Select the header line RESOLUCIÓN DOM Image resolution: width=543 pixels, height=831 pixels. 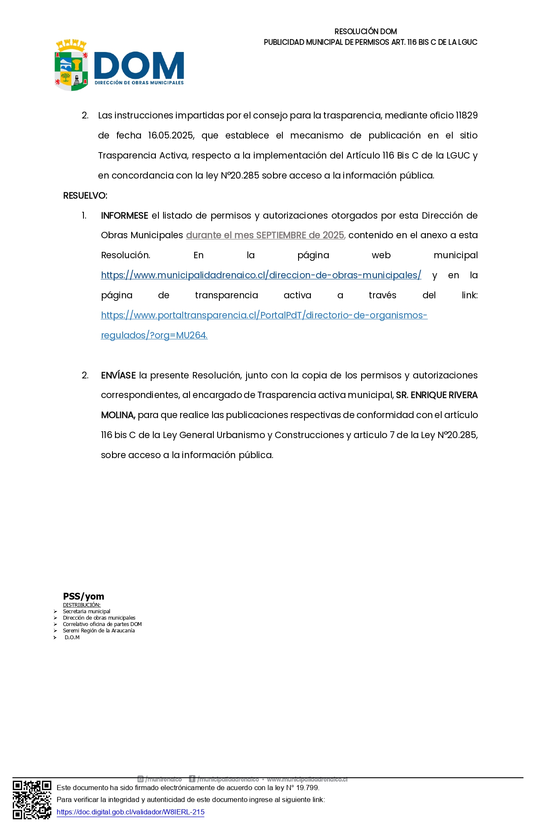point(365,32)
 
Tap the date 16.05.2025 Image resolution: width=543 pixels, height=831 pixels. point(171,136)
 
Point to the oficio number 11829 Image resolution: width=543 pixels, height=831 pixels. point(466,115)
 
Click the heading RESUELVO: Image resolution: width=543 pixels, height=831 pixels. point(85,196)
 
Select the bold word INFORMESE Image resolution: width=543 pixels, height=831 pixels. point(124,216)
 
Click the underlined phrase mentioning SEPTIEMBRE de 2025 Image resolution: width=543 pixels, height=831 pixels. point(265,235)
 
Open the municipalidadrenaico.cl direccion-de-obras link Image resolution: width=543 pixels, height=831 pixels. point(261,275)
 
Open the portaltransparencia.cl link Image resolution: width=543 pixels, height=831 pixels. point(264,315)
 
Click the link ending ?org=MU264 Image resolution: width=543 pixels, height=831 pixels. point(154,335)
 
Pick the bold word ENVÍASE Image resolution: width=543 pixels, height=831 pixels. point(118,375)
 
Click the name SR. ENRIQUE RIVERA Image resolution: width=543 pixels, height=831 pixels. point(437,395)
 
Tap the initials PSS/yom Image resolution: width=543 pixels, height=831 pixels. point(83,596)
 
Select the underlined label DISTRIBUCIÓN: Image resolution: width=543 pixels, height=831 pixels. point(82,605)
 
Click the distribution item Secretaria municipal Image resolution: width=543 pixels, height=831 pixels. point(86,611)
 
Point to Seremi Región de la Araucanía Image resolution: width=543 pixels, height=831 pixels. point(99,631)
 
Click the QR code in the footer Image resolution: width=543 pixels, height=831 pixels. point(32,800)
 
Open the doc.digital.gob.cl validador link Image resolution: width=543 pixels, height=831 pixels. point(130,812)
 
